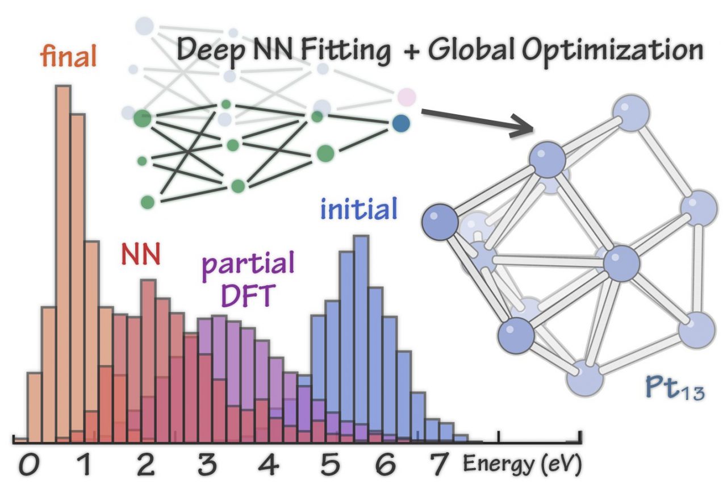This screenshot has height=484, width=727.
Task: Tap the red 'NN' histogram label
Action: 140,255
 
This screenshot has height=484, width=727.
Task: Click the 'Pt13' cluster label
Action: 675,389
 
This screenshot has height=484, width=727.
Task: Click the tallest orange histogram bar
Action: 63,261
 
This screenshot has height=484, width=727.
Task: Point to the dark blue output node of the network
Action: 401,123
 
